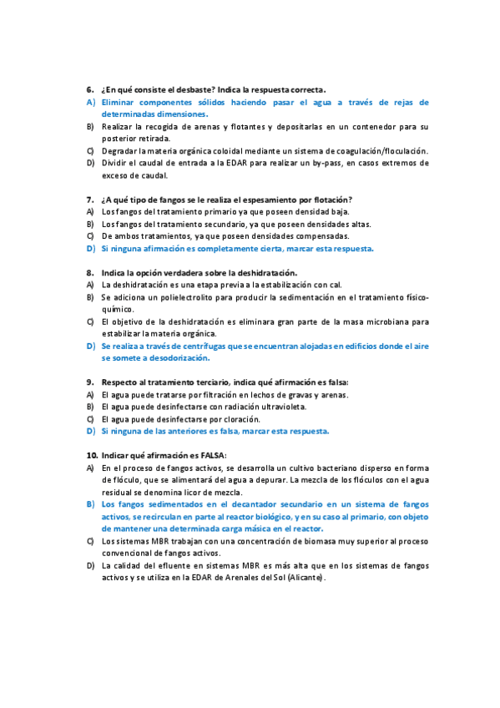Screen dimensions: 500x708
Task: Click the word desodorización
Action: tap(174, 358)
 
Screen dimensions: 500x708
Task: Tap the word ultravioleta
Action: tap(279, 407)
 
